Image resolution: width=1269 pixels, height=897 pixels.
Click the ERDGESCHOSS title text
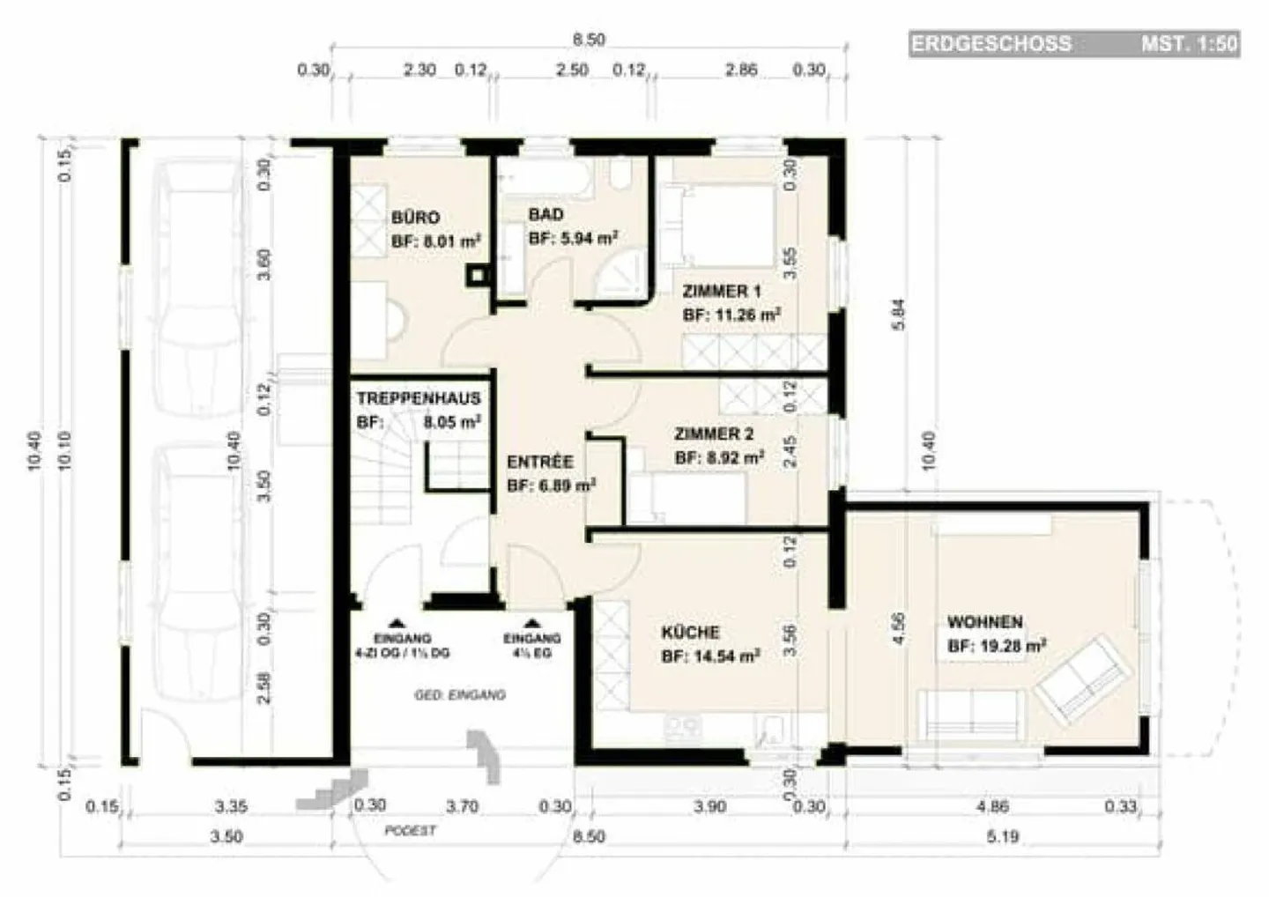click(x=991, y=43)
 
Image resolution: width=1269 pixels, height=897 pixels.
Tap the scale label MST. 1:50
click(x=1189, y=43)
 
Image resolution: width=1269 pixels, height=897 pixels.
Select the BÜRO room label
click(x=415, y=218)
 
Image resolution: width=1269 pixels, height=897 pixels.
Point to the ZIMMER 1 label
click(x=721, y=292)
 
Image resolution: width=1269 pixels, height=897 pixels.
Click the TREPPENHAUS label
click(x=419, y=398)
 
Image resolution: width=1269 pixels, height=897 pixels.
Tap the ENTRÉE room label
click(x=539, y=462)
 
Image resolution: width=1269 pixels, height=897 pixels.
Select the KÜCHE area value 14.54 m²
click(x=710, y=656)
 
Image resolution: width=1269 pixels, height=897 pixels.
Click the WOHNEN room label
click(x=984, y=622)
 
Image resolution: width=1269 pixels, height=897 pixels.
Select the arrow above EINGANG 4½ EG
click(x=531, y=621)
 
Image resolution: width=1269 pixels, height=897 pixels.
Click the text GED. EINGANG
click(x=460, y=695)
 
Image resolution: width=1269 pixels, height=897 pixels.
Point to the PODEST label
click(x=410, y=831)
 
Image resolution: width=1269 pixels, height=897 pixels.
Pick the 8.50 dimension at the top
click(x=588, y=40)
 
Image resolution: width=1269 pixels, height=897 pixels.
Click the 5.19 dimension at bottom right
click(x=1002, y=836)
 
